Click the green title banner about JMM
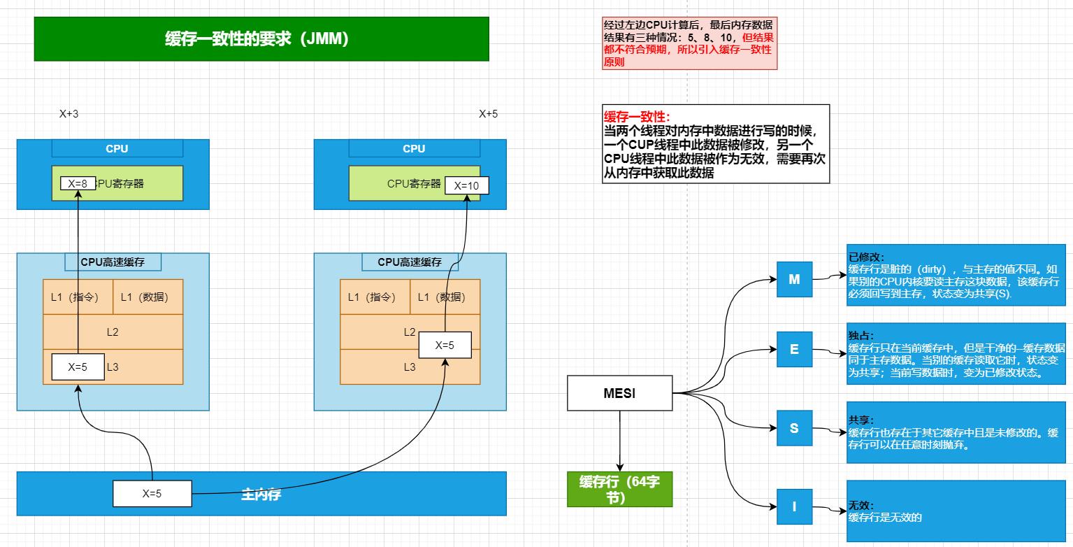(261, 39)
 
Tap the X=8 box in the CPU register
(78, 183)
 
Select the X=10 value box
(466, 185)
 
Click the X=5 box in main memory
(152, 493)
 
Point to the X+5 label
(488, 114)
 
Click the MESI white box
(619, 393)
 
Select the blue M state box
(794, 279)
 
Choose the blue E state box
(794, 349)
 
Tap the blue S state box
(794, 428)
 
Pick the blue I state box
(794, 506)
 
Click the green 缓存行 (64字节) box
(619, 489)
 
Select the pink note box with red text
(689, 43)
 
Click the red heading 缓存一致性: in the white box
(637, 117)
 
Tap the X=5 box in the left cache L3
(78, 367)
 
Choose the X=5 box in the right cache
(445, 345)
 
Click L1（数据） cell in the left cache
(147, 297)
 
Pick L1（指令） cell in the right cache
(375, 297)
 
